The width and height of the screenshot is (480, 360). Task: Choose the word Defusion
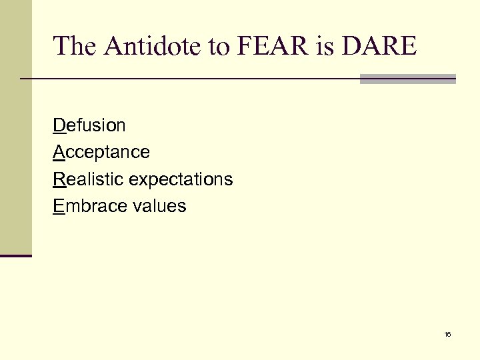tap(89, 125)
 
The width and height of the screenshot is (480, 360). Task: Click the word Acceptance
tap(101, 153)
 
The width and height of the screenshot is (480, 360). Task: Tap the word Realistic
tap(89, 179)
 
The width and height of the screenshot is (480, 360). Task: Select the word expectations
tap(181, 180)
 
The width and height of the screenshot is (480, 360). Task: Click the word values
tap(160, 206)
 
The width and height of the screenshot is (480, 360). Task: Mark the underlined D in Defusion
tap(59, 125)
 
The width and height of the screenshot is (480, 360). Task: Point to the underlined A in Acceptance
tap(59, 153)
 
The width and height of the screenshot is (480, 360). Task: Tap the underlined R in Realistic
tap(59, 179)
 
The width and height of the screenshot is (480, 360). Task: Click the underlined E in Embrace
tap(58, 206)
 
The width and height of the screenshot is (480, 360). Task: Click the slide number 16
tap(447, 334)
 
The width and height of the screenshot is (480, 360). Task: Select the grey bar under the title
tap(407, 79)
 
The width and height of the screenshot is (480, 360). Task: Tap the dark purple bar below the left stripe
tap(15, 255)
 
